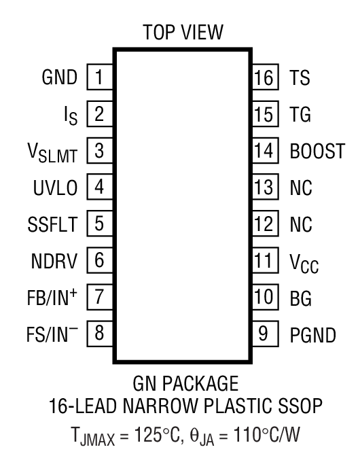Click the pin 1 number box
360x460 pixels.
99,76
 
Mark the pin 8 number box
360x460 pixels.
99,334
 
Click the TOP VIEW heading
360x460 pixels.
180,33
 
